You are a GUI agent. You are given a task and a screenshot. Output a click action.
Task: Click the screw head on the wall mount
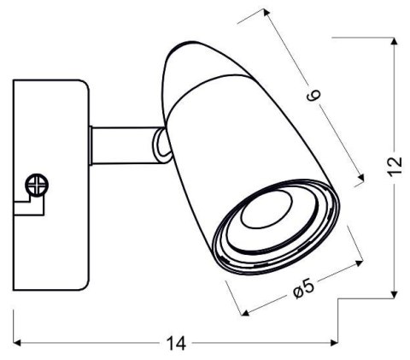click(37, 183)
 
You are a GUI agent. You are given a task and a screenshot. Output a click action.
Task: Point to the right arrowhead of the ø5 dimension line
click(352, 264)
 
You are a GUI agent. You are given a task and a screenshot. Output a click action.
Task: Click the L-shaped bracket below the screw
click(31, 204)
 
